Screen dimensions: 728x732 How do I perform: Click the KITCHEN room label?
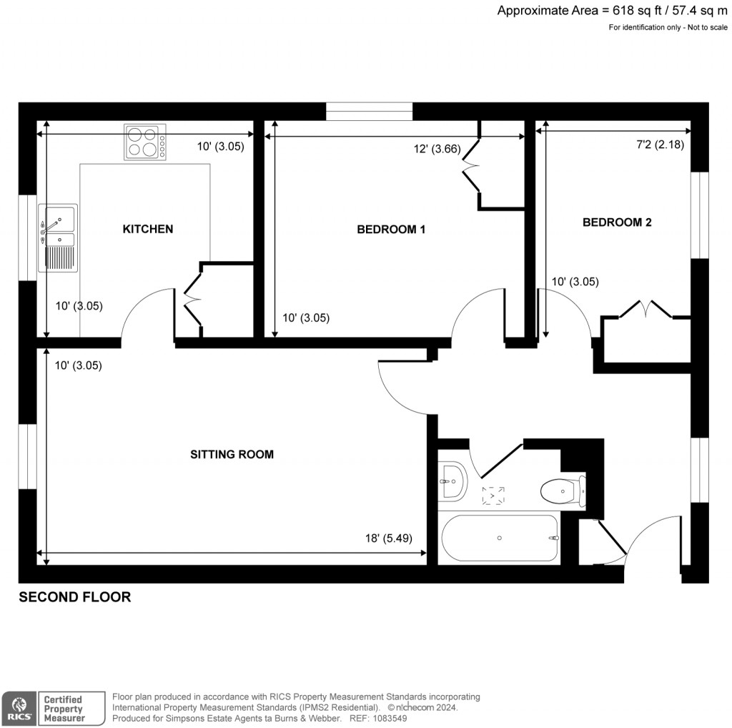(148, 229)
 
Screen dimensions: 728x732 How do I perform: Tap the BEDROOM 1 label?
(391, 230)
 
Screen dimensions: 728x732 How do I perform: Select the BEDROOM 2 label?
(617, 222)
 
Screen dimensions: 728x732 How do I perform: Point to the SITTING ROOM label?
(232, 454)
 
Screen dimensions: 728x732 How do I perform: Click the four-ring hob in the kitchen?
(145, 142)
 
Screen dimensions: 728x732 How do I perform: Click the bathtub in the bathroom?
(500, 538)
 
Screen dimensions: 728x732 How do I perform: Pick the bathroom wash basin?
(451, 481)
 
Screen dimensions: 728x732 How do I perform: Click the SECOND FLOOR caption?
(74, 597)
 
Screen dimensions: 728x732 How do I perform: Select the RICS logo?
(19, 708)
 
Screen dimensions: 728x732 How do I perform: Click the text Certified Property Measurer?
(64, 708)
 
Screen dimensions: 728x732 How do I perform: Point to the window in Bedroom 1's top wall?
(370, 111)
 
